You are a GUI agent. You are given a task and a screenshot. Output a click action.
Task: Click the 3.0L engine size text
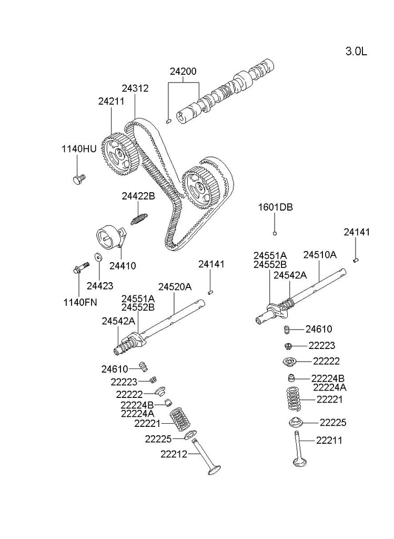pos(356,51)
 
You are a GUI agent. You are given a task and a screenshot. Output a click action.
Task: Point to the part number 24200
pos(183,72)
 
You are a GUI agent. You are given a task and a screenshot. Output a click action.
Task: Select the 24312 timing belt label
pos(135,88)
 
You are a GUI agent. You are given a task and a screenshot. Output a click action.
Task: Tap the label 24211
pos(111,101)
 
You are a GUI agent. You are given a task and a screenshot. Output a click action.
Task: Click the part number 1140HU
pos(79,149)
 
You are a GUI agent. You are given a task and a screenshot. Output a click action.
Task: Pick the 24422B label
pos(138,196)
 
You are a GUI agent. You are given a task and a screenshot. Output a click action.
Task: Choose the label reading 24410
pos(123,266)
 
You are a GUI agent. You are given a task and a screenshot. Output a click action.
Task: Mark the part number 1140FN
pos(80,302)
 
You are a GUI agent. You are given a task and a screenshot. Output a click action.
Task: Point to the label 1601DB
pos(275,207)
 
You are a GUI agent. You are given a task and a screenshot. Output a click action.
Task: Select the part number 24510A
pos(320,255)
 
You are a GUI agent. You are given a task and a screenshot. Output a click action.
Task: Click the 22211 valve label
pos(329,440)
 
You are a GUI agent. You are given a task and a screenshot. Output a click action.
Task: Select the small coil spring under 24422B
pos(139,216)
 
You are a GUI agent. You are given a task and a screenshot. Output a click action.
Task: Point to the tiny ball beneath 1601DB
pos(275,232)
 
